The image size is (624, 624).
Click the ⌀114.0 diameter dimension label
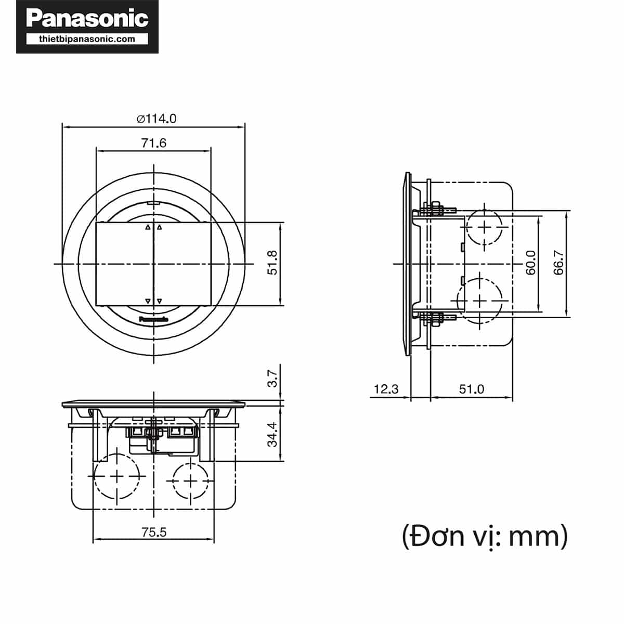coord(157,119)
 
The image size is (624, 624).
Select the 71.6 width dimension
coord(154,143)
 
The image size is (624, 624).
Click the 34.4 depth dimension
coord(272,434)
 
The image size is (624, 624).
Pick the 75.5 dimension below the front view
coord(154,532)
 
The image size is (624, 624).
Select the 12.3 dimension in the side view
coord(386,389)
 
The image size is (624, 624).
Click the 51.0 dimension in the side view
coord(471,389)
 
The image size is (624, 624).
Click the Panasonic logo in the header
coord(87,19)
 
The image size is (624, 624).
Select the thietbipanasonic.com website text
coord(87,39)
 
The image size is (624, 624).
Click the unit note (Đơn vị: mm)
coord(485,536)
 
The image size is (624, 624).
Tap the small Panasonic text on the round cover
coord(154,319)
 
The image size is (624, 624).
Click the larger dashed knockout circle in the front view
coord(117,477)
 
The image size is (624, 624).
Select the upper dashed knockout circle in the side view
coord(485,228)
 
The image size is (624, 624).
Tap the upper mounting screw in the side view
coord(435,211)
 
